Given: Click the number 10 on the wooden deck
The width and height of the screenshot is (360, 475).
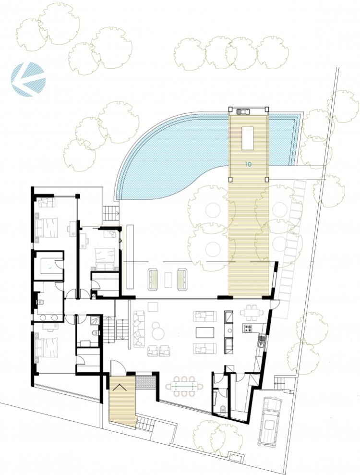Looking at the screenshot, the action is coord(248,164).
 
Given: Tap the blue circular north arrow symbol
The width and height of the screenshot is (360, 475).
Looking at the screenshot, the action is coord(28,79).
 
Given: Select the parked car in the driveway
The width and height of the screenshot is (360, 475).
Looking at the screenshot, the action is coord(269,421).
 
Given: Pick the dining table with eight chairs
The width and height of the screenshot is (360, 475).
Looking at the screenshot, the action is coord(184,386).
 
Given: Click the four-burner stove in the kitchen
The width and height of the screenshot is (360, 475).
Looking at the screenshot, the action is coord(249,328).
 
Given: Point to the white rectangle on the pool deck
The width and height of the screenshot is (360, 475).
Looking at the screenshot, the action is coord(247,138).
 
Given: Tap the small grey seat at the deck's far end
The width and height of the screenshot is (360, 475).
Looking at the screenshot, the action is coord(244,111).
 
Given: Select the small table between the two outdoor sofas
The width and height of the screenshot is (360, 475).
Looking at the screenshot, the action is coord(168,280).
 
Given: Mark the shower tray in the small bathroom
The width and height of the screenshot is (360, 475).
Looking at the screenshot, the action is coord(95,321).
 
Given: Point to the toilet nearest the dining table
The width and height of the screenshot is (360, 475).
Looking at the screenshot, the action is coord(223,410).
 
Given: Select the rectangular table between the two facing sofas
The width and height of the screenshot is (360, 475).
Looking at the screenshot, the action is coord(205,332).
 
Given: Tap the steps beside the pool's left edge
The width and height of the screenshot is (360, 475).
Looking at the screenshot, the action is coord(110,213).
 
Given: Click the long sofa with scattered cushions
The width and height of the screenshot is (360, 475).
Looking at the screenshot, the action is coord(139,329).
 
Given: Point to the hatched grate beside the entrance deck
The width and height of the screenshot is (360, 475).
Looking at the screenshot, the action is coord(145,381).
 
